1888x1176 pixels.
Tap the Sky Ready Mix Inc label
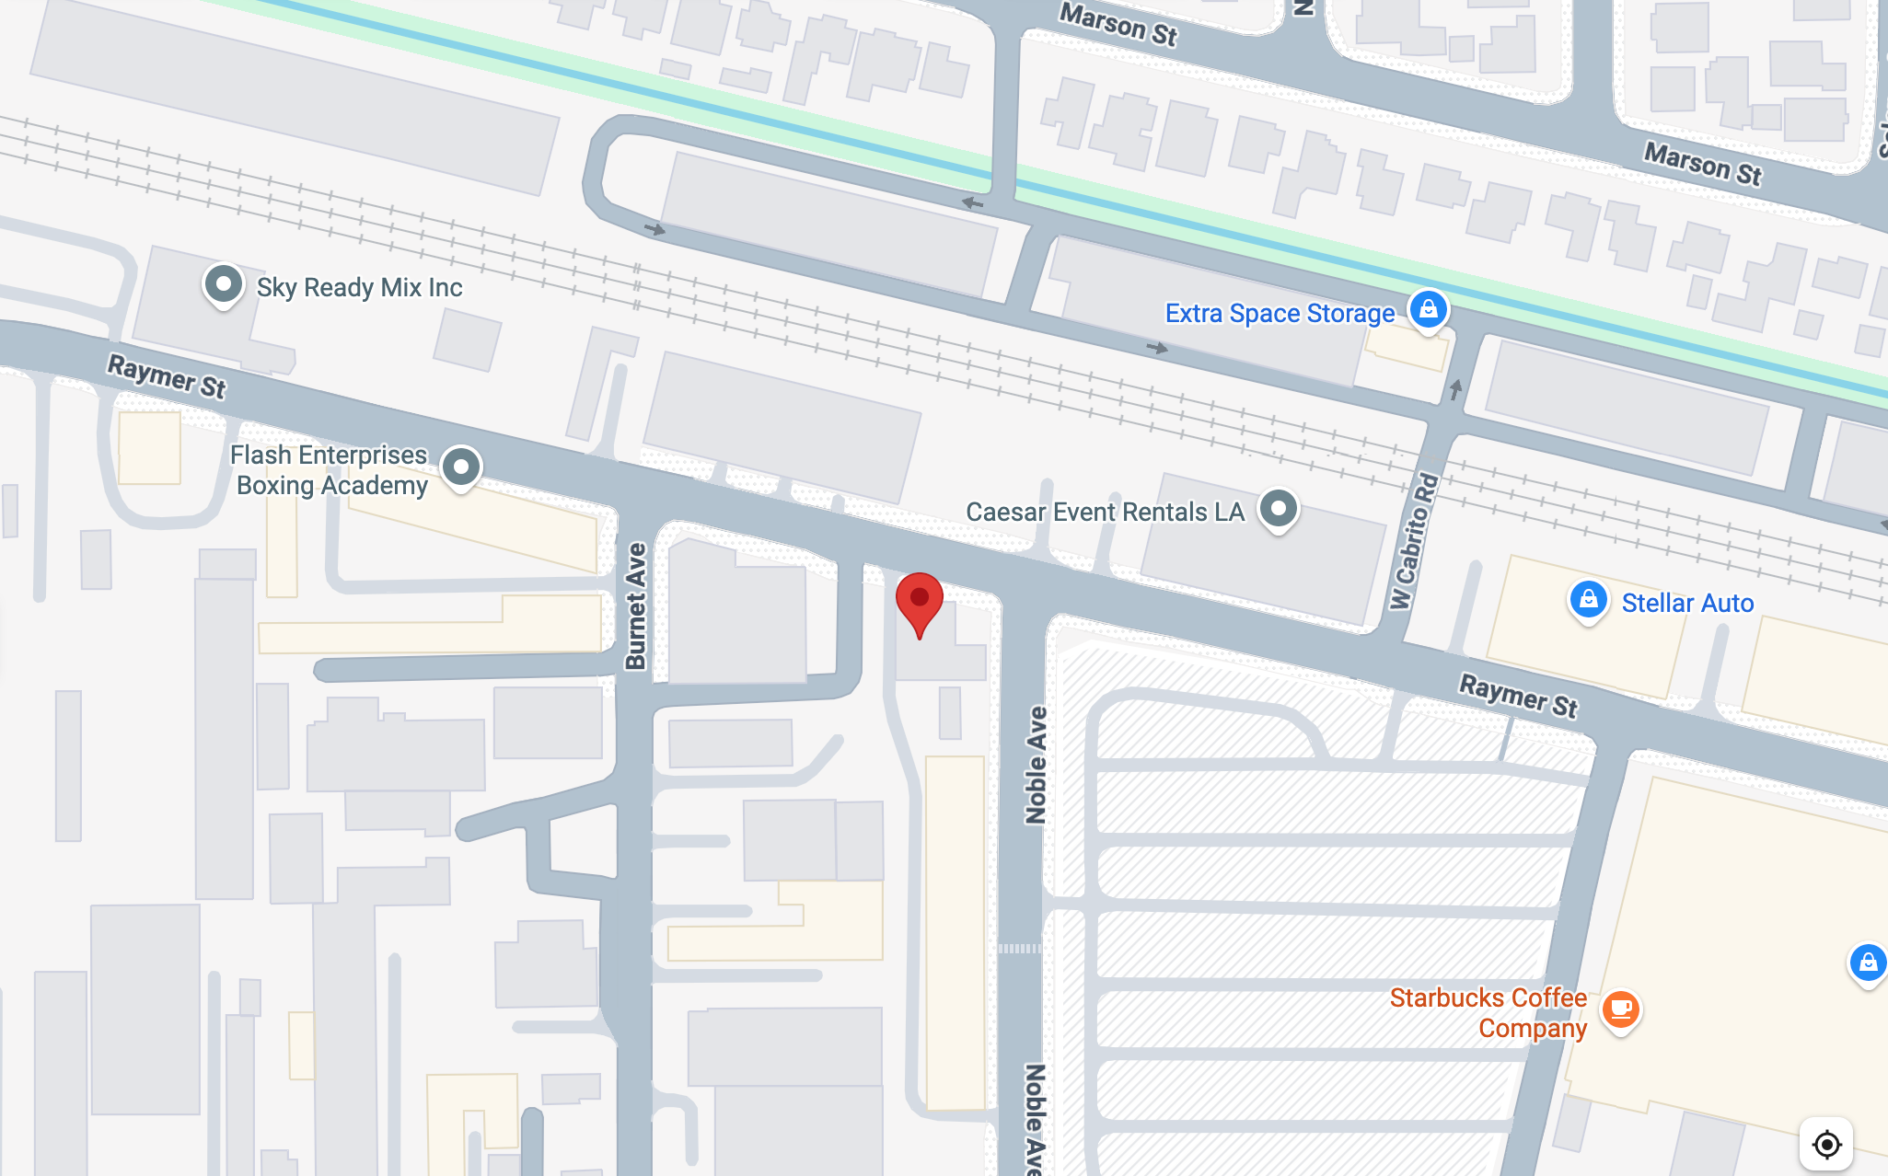(x=359, y=288)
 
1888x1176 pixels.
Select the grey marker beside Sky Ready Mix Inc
(x=223, y=284)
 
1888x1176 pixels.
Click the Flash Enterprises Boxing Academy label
(x=330, y=470)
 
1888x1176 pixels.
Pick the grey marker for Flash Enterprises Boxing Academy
(x=461, y=467)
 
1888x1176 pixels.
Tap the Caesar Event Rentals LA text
(x=1105, y=512)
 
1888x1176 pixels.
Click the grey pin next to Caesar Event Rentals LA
(x=1278, y=508)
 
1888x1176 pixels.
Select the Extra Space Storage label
(x=1280, y=314)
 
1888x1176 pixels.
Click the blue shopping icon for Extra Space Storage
(x=1428, y=309)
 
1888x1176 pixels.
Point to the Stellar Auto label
(x=1687, y=604)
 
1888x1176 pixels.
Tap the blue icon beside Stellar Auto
(x=1588, y=601)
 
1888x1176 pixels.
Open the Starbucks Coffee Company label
(x=1488, y=1013)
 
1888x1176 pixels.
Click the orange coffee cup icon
(x=1620, y=1009)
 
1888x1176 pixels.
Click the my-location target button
(x=1826, y=1144)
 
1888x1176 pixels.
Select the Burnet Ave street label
(x=636, y=605)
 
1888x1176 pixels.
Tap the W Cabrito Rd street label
(x=1414, y=541)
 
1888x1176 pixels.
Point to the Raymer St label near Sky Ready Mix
(x=167, y=376)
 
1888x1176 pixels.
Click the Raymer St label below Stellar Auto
(x=1519, y=695)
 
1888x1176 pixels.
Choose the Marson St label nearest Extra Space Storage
(x=1118, y=23)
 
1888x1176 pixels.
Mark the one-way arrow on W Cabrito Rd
(x=1455, y=389)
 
